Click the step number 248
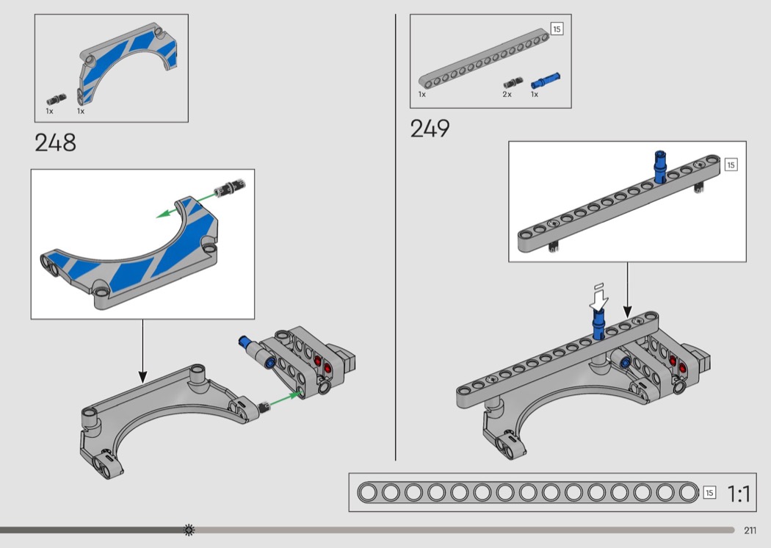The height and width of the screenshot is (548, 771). point(56,143)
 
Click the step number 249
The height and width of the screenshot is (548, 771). point(430,129)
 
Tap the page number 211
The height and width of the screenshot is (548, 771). point(750,530)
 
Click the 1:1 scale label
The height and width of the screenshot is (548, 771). point(739,494)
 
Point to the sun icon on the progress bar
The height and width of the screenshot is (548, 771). point(189,530)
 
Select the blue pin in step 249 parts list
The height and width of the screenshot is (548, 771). point(546,80)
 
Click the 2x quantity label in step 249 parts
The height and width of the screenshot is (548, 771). point(507,94)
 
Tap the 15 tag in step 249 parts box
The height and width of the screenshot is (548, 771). point(557,29)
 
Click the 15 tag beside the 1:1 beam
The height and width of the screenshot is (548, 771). point(709,492)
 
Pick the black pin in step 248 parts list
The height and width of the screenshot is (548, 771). point(57,99)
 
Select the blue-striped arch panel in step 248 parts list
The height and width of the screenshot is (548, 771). point(128,62)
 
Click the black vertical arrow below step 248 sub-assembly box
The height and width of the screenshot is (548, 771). point(142,351)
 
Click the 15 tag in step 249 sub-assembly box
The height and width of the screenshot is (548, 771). point(731,165)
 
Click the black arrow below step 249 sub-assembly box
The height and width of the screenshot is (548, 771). point(627,290)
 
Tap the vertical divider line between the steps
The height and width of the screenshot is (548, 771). point(395,237)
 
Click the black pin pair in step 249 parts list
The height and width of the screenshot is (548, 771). point(513,83)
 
